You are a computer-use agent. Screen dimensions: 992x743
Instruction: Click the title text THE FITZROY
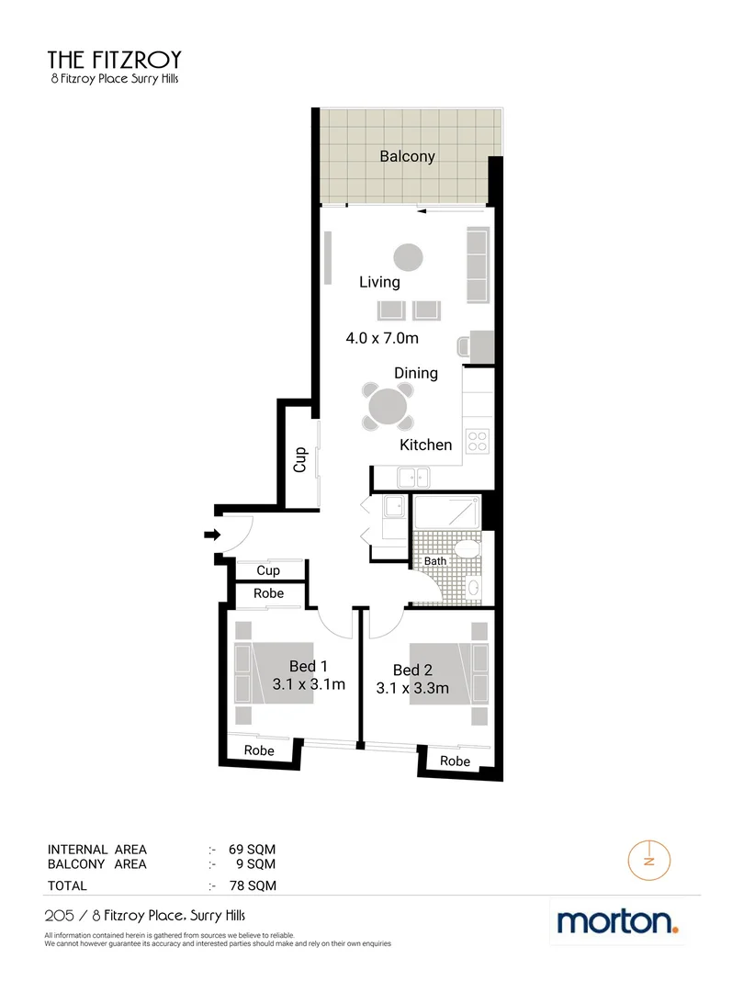point(115,61)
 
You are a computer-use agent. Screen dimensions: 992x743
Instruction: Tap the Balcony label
point(407,156)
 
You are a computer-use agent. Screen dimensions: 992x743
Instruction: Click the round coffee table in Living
point(409,255)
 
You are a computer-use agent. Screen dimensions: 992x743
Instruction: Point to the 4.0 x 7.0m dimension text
point(382,338)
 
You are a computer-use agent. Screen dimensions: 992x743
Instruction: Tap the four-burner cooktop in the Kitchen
point(477,441)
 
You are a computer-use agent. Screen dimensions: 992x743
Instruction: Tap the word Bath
point(434,561)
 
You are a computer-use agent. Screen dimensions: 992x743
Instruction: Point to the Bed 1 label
point(309,666)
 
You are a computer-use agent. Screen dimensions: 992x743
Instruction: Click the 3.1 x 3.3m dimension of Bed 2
point(412,688)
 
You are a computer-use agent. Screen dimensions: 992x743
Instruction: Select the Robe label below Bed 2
point(455,761)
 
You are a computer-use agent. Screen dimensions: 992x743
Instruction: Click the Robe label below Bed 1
point(259,750)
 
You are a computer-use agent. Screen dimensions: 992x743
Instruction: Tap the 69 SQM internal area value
point(257,850)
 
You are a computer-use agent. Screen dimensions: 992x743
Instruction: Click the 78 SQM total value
point(257,886)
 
